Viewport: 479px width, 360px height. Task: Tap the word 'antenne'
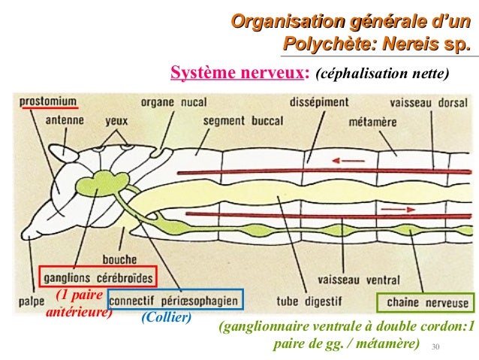click(x=63, y=119)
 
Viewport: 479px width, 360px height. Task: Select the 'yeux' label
click(x=116, y=119)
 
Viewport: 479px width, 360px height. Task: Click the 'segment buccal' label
click(x=239, y=119)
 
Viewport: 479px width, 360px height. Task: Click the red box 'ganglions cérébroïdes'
click(x=98, y=277)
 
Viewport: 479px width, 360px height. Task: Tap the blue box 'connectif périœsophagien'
click(x=175, y=300)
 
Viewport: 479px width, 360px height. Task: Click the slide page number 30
click(x=435, y=346)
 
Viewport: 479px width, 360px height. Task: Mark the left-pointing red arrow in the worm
click(x=346, y=159)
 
